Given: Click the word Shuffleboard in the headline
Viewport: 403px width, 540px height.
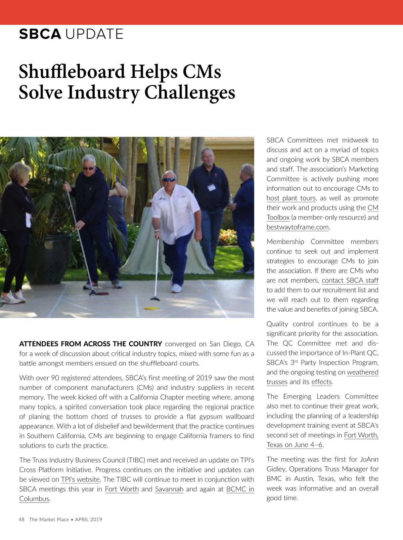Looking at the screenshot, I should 72,71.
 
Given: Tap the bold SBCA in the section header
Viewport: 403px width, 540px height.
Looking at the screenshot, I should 40,34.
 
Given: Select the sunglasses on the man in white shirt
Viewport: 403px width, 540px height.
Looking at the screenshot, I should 169,180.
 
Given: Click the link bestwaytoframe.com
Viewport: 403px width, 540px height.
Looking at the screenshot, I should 298,227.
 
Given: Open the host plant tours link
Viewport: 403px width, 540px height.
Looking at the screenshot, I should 291,198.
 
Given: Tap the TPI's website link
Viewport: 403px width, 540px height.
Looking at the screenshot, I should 80,479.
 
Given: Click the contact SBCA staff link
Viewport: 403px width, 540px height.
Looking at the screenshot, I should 350,280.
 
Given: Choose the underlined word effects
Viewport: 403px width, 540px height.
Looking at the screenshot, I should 321,382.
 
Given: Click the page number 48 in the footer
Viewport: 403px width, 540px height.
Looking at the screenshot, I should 22,519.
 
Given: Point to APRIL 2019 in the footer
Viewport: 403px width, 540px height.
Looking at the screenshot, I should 89,519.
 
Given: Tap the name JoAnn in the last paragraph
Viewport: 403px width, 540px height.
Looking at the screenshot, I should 369,459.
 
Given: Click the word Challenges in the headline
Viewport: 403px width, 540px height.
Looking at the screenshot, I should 190,92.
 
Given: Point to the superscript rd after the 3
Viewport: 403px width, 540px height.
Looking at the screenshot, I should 296,361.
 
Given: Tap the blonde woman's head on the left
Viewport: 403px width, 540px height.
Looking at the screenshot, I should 19,173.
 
